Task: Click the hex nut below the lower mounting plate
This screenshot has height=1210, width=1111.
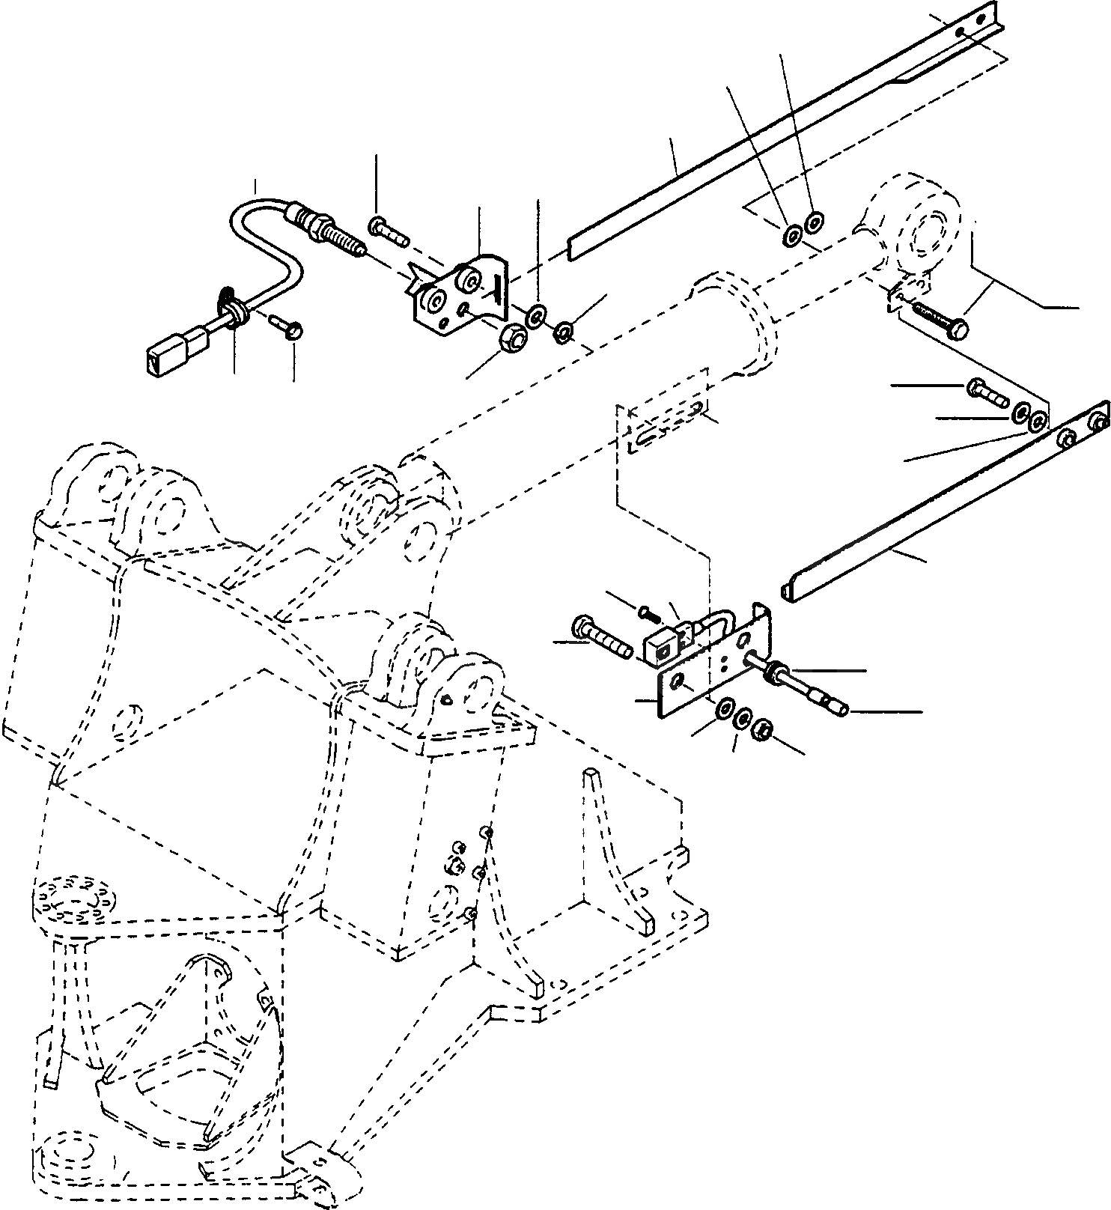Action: pyautogui.click(x=764, y=726)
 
